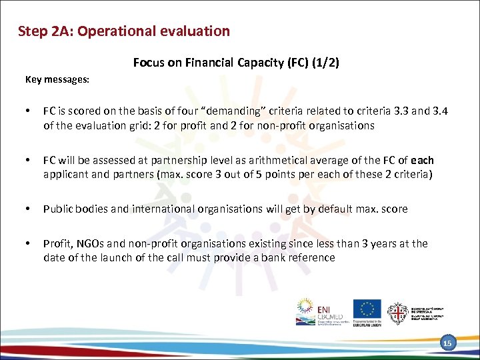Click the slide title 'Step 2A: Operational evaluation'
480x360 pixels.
pos(124,31)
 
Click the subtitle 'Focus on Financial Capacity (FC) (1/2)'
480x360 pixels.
pos(236,63)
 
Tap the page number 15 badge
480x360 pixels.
pos(447,343)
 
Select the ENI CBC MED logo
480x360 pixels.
pos(314,311)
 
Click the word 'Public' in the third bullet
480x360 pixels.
pos(58,209)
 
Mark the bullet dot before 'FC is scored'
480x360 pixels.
pos(29,111)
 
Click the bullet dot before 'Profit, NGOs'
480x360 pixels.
pos(29,243)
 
